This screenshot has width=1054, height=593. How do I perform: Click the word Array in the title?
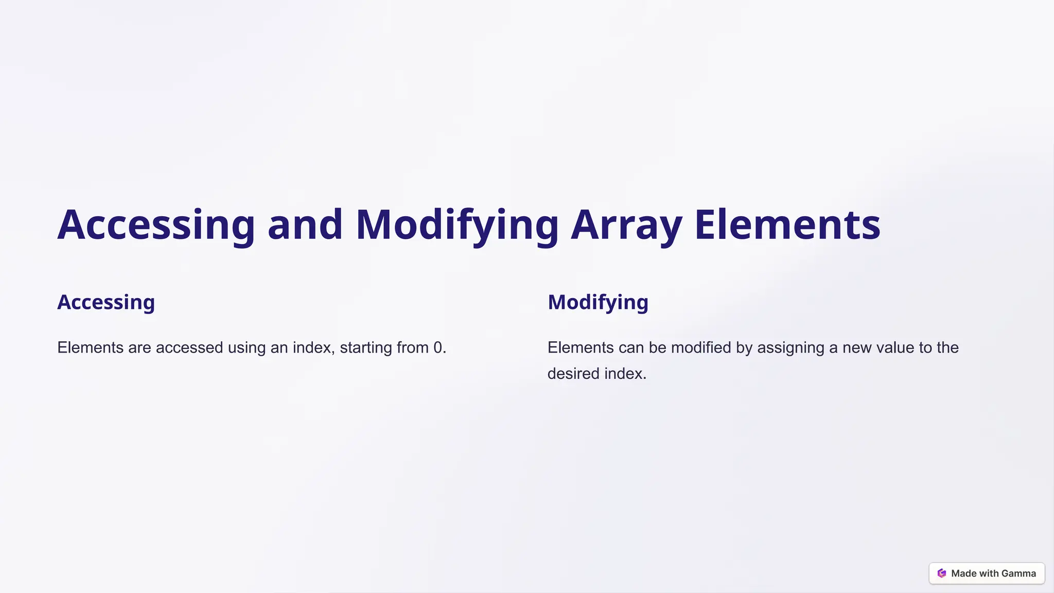coord(626,225)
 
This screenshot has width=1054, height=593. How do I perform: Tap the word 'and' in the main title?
coord(305,225)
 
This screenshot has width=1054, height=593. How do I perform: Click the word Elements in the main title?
coord(787,225)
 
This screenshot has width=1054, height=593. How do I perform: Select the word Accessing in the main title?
coord(156,225)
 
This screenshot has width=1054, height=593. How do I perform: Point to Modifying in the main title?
coord(457,225)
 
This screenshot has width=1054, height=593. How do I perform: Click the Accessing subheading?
coord(106,302)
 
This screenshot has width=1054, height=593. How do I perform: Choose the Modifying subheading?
coord(598,302)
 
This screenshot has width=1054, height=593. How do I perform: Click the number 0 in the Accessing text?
coord(438,348)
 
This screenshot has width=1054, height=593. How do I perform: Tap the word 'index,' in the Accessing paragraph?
coord(314,348)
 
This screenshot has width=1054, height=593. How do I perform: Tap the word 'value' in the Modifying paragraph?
coord(895,348)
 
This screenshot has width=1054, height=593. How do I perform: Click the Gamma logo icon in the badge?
coord(942,573)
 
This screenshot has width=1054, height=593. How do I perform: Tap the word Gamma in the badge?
coord(1018,573)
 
